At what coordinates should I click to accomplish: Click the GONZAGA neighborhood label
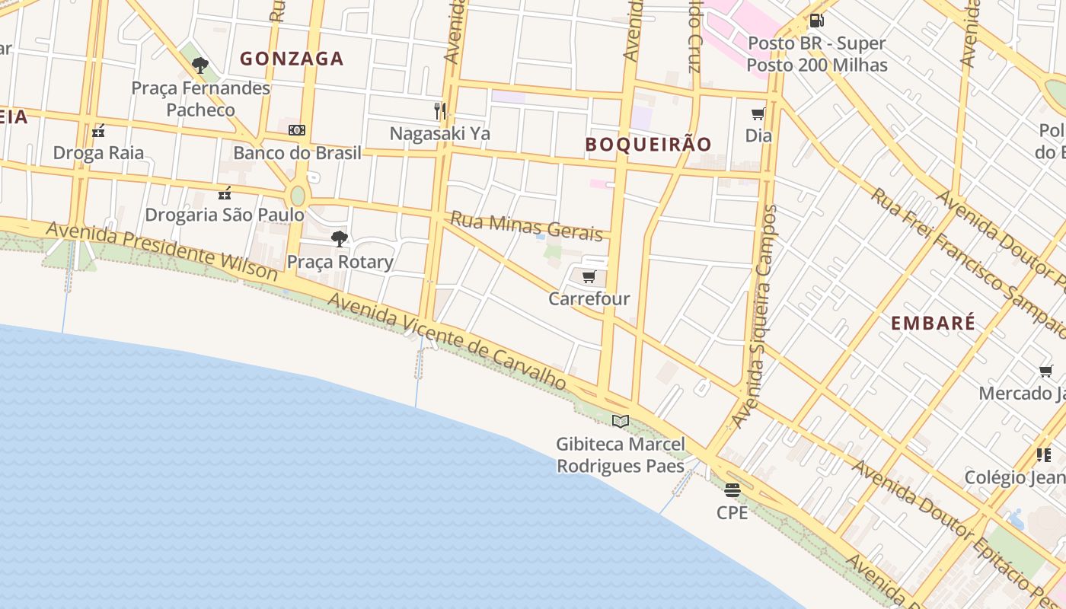[292, 59]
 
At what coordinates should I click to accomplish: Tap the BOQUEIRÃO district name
[648, 144]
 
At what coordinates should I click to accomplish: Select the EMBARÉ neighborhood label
[933, 323]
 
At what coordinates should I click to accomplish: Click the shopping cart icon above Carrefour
[589, 277]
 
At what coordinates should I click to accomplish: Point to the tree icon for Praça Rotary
[340, 239]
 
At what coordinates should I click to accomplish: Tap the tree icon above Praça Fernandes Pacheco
[200, 65]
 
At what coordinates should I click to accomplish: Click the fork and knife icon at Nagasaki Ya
[440, 111]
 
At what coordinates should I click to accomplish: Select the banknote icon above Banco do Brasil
[297, 130]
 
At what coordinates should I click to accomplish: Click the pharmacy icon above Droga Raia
[98, 131]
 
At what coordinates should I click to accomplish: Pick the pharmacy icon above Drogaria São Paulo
[225, 193]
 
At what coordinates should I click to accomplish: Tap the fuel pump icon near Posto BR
[816, 21]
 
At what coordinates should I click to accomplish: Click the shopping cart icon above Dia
[758, 114]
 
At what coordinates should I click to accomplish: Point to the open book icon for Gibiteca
[621, 421]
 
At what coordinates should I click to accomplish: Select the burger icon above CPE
[732, 489]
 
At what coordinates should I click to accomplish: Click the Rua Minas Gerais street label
[526, 226]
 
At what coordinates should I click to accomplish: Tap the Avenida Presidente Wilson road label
[161, 250]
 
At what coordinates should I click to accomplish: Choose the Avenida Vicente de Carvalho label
[447, 340]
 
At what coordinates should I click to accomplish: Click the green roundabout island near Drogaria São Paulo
[298, 196]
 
